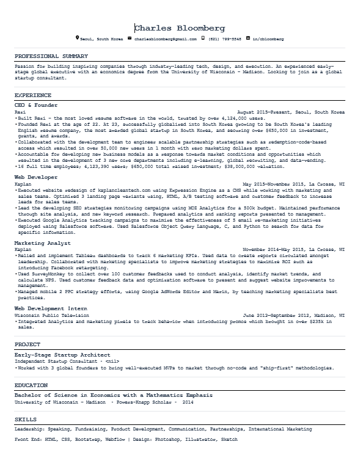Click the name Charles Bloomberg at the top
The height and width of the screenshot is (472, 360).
(x=180, y=28)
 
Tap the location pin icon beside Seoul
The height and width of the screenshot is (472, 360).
(x=77, y=38)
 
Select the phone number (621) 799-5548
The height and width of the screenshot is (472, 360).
(x=225, y=38)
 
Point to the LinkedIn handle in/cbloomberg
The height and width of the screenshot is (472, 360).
(x=268, y=38)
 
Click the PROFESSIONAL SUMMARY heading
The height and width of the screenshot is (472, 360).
(x=51, y=56)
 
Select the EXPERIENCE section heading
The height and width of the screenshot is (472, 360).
(x=32, y=95)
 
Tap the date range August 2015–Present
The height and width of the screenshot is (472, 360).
(x=270, y=112)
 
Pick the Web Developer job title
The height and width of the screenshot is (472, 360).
(x=36, y=177)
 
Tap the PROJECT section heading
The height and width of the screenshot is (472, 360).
(x=28, y=344)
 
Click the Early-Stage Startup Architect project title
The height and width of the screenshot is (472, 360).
(x=62, y=354)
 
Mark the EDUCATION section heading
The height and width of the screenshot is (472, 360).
(x=31, y=385)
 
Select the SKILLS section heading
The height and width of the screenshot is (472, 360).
(x=25, y=420)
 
